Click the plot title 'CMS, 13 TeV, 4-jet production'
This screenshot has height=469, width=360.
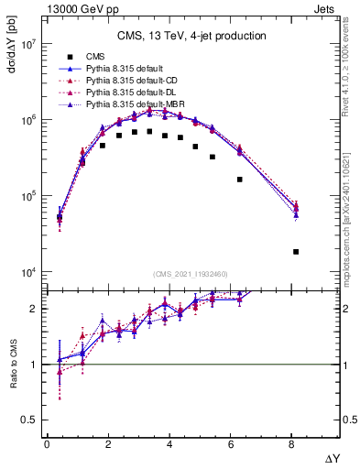tap(191, 37)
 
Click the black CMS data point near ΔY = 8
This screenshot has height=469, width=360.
tap(296, 251)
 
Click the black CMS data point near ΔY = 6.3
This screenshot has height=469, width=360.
tap(240, 180)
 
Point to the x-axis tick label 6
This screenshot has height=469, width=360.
tap(231, 445)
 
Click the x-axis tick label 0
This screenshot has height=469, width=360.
tap(47, 445)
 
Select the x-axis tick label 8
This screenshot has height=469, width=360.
tap(292, 445)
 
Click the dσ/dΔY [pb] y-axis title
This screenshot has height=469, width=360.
tap(12, 59)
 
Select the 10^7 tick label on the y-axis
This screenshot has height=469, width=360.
tap(27, 44)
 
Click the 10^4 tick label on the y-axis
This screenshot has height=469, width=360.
tap(27, 273)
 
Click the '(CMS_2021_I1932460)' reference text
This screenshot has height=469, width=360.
tap(191, 275)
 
